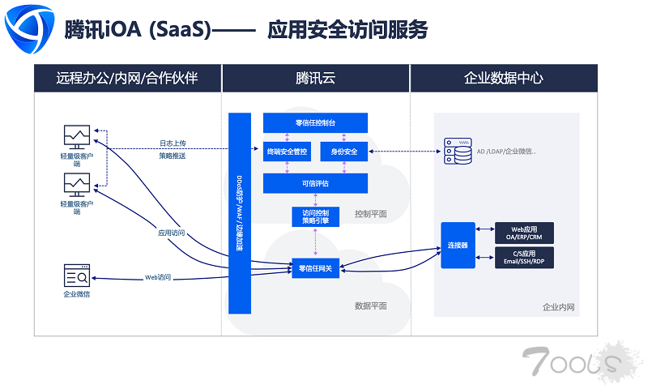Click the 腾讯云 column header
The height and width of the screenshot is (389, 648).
click(x=315, y=79)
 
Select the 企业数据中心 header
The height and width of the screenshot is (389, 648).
click(x=503, y=79)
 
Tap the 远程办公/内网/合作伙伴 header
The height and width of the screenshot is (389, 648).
click(x=127, y=79)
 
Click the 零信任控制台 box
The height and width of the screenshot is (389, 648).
click(x=315, y=123)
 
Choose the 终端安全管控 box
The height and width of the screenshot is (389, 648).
click(x=287, y=150)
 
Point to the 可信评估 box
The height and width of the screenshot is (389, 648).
click(x=315, y=183)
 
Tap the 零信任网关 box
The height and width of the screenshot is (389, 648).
click(x=315, y=268)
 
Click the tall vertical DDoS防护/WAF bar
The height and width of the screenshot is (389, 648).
click(x=240, y=213)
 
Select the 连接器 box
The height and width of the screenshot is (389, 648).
click(x=458, y=245)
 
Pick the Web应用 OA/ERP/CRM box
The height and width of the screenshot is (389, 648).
click(x=524, y=233)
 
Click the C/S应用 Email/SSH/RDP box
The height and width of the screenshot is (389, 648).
click(x=524, y=258)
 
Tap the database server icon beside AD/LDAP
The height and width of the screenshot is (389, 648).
click(x=458, y=150)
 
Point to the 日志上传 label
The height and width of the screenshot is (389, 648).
click(x=172, y=143)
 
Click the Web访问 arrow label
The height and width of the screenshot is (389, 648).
click(x=158, y=277)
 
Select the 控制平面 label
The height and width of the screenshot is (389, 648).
click(x=370, y=214)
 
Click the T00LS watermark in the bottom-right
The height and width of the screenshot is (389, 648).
click(x=570, y=361)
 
